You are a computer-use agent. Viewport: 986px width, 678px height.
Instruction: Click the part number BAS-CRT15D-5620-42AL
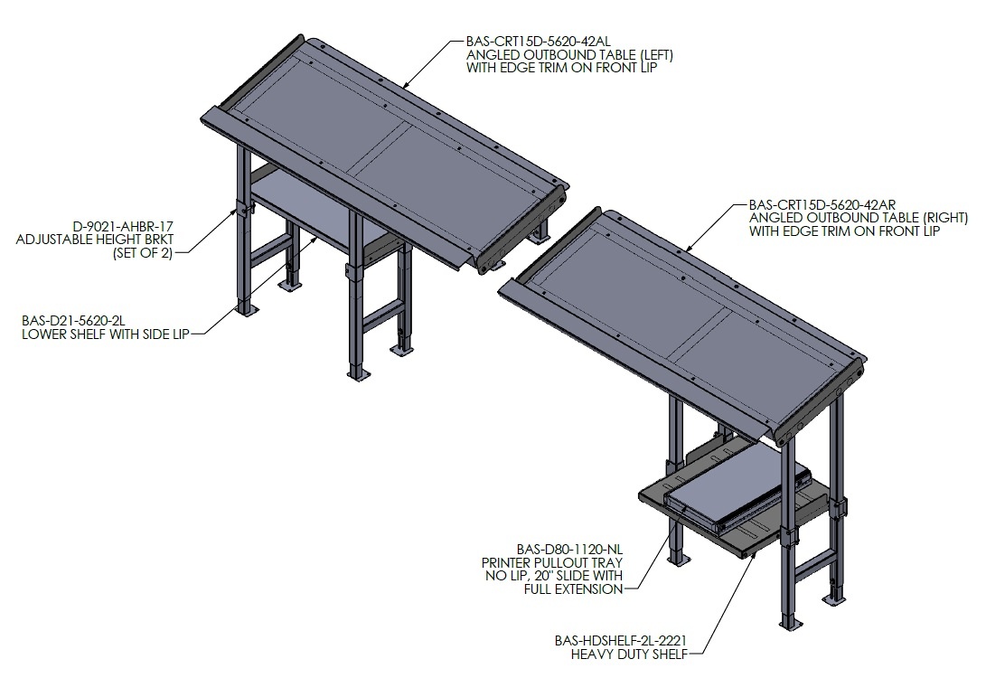[x=538, y=42]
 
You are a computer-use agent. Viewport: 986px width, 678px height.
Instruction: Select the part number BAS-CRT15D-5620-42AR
[x=822, y=205]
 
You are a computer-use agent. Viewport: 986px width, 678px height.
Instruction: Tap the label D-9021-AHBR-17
[x=123, y=226]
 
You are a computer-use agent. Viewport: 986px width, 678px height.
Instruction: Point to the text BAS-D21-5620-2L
[x=73, y=321]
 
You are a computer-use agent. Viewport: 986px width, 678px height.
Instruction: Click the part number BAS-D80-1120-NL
[x=569, y=550]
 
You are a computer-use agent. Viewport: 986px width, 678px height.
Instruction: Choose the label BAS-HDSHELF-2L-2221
[x=621, y=641]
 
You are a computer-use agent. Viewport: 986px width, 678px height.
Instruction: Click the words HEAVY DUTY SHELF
[x=628, y=654]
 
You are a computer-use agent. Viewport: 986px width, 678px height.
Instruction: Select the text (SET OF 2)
[x=143, y=253]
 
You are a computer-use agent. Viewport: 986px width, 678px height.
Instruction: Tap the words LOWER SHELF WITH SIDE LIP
[x=106, y=334]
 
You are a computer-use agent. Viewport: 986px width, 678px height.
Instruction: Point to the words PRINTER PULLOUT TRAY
[x=552, y=563]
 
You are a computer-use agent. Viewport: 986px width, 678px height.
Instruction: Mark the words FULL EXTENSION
[x=574, y=589]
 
